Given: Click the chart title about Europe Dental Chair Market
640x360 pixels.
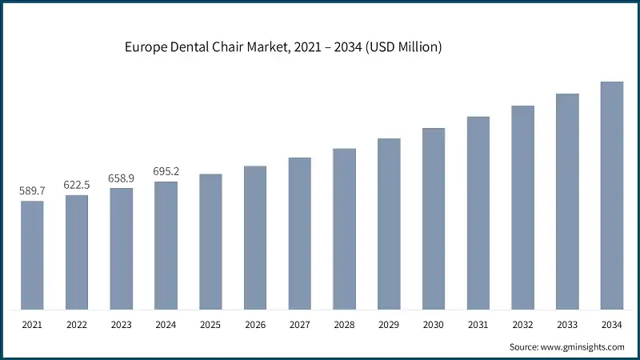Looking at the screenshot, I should (x=283, y=48).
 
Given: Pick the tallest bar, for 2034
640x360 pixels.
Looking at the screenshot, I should (x=612, y=195).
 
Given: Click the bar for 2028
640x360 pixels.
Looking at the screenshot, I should (x=344, y=229).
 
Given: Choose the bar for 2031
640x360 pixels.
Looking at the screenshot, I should (x=478, y=213).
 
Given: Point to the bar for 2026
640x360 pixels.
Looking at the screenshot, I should (x=255, y=238).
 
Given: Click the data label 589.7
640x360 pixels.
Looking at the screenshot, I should (x=32, y=190).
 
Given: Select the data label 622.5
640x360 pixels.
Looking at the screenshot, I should (x=77, y=184).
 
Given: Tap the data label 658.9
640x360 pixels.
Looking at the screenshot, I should (x=122, y=178).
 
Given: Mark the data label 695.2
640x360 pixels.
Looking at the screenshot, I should (x=166, y=171).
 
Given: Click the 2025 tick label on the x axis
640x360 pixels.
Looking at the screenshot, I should (x=210, y=324).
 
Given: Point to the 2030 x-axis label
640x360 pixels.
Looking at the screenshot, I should (x=434, y=324).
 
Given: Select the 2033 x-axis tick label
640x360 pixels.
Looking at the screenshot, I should (x=567, y=324).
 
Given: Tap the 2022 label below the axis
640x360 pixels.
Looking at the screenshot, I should (x=77, y=324).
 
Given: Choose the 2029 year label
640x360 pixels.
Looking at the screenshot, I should (x=389, y=324).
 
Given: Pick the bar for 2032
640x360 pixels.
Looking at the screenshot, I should (x=522, y=207).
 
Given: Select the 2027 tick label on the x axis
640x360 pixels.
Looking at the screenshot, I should (x=300, y=324).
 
